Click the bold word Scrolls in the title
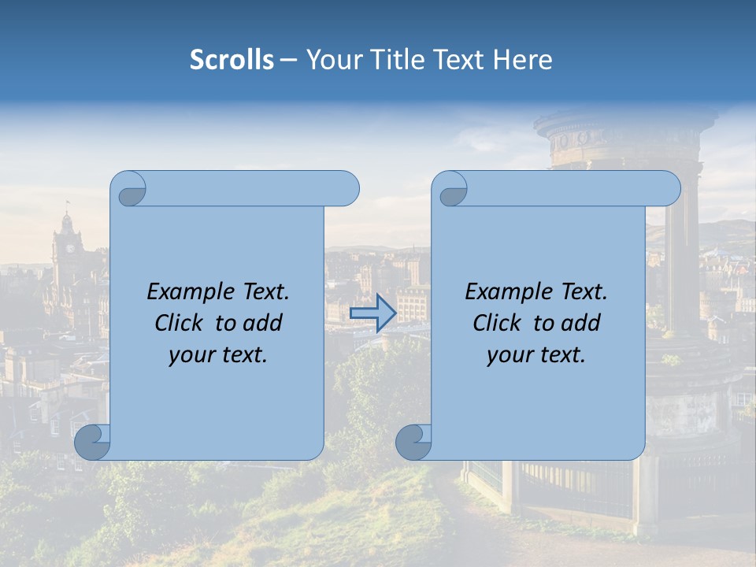tap(232, 60)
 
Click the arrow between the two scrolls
tap(372, 313)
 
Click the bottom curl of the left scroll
tap(91, 442)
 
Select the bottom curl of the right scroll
tap(412, 442)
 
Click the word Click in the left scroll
tap(178, 324)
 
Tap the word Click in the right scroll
tap(496, 324)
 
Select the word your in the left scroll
tap(189, 356)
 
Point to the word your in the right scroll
tap(507, 356)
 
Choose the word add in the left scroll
tap(263, 324)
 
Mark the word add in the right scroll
tap(581, 324)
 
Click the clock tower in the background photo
tap(68, 244)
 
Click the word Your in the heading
tap(332, 60)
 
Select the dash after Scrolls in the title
tap(287, 60)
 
